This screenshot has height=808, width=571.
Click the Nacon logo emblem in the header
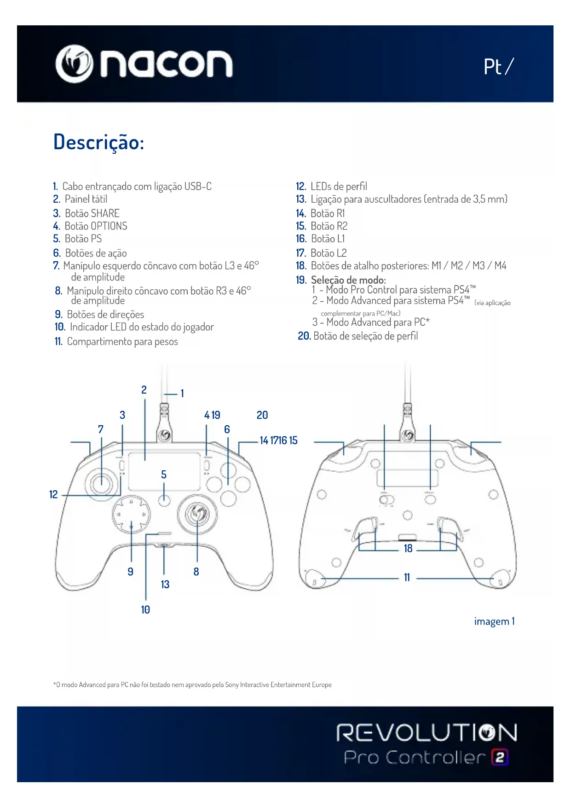74,64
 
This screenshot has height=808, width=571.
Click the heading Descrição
98,142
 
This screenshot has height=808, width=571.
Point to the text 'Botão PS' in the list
83,239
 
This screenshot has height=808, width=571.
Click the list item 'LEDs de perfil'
338,187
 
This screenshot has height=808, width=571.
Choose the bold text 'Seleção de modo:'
348,280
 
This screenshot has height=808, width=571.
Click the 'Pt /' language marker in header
498,67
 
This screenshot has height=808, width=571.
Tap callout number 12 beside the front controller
53,495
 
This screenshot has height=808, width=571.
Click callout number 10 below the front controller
145,610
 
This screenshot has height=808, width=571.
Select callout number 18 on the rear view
408,549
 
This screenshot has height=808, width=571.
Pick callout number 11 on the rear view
407,578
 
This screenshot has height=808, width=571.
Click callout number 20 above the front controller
262,415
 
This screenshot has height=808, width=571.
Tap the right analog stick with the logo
197,512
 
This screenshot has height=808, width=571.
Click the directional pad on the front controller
131,515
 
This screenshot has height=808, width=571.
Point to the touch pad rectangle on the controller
164,471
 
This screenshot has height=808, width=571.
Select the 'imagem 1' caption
494,621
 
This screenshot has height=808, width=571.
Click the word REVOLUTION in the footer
427,733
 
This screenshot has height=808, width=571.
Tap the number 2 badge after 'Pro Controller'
500,757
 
